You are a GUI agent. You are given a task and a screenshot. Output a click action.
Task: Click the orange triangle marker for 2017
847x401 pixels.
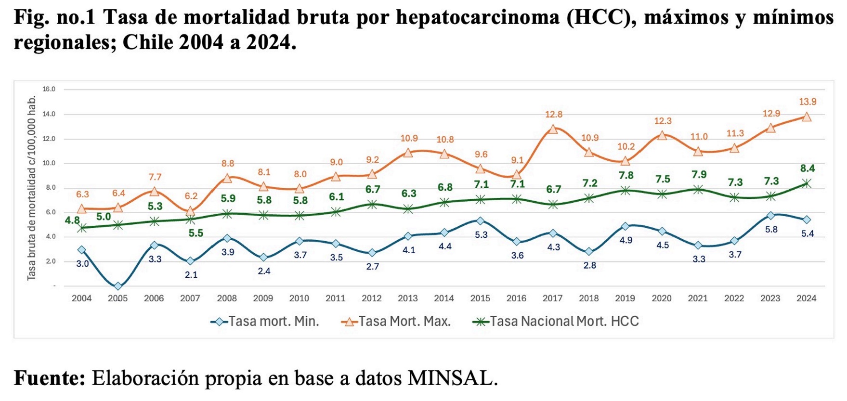[553, 129]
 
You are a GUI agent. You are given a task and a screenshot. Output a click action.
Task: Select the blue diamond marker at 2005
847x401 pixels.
[118, 286]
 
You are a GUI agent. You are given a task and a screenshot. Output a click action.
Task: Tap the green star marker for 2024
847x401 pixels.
[807, 183]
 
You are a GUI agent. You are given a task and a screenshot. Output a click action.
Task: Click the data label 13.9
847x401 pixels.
[808, 102]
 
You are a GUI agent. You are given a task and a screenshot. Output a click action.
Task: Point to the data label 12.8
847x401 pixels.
[554, 115]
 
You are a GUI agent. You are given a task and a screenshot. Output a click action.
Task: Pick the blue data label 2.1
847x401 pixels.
[191, 274]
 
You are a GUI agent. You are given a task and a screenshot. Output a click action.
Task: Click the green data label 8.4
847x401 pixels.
[808, 168]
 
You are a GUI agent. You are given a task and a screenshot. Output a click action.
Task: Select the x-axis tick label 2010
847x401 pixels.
[299, 298]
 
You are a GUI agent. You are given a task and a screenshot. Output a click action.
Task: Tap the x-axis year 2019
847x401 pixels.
[625, 298]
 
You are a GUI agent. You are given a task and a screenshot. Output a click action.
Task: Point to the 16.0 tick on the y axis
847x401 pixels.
[49, 89]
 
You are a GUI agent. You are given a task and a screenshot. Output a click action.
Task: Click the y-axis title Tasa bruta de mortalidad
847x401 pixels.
[31, 188]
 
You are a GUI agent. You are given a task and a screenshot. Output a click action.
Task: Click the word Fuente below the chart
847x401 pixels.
[49, 378]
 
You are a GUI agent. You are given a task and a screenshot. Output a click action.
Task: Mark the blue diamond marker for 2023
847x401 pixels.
[770, 216]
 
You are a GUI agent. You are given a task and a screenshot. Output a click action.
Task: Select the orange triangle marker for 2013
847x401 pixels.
[408, 153]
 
